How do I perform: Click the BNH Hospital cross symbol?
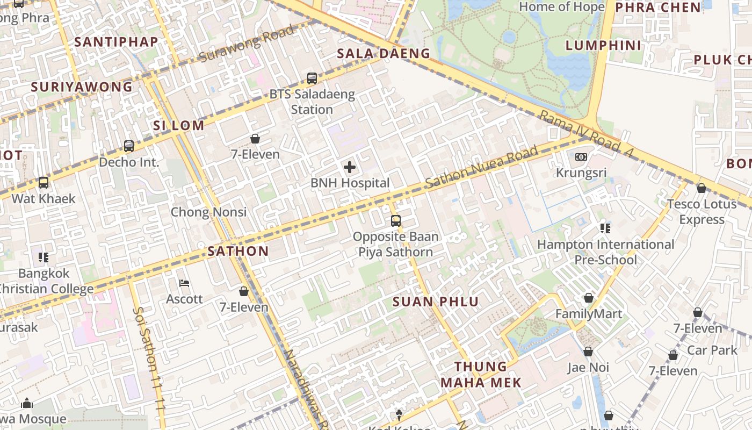(x=350, y=167)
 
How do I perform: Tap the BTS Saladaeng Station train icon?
(x=312, y=78)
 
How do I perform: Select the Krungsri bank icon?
(x=581, y=157)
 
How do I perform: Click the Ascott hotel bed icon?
(x=184, y=283)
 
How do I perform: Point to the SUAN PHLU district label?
(x=436, y=302)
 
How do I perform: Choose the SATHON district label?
(x=238, y=251)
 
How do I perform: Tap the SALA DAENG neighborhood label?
(x=384, y=53)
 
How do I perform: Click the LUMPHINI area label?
(x=604, y=46)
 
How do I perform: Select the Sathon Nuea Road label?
(x=481, y=167)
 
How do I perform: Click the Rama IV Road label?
(x=587, y=135)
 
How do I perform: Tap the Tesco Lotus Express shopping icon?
(x=701, y=188)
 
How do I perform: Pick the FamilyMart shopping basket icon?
(x=589, y=298)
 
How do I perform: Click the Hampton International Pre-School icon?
(x=605, y=228)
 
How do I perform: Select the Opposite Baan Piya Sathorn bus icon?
(x=396, y=220)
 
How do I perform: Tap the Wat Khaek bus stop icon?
(x=44, y=183)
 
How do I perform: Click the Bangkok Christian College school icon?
(x=44, y=257)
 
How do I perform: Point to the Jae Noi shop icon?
(x=588, y=352)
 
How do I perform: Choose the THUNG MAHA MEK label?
(x=481, y=375)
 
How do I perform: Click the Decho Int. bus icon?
(x=129, y=146)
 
